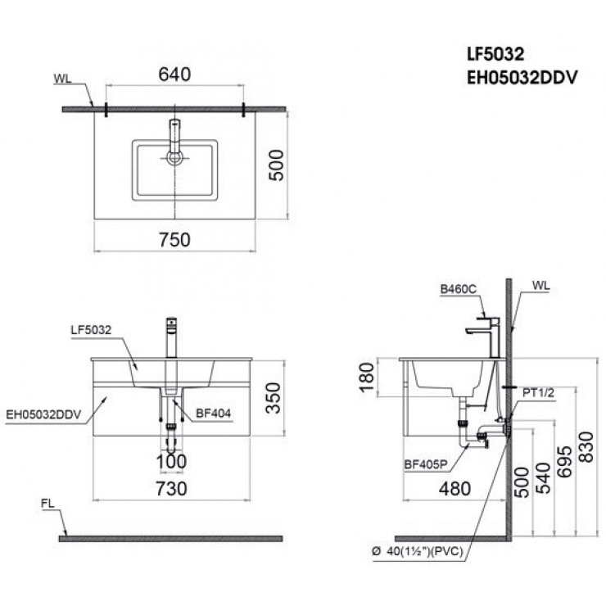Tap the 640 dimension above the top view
[174, 75]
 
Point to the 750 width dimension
[174, 239]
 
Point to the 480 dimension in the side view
[456, 489]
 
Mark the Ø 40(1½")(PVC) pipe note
[418, 552]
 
